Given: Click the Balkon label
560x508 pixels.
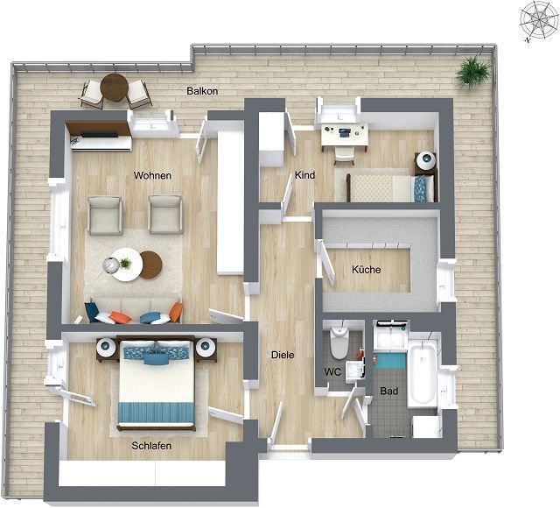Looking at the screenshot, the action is coord(202,91).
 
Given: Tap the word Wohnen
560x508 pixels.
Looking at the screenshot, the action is coord(152,175).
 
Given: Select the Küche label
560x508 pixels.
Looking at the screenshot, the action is coord(366,269).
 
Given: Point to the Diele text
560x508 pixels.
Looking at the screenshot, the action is coord(283,355).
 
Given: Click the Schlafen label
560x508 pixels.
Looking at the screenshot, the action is coord(151,446).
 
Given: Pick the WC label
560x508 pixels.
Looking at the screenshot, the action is coord(332,372).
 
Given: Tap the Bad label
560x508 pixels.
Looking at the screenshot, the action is coord(388,392).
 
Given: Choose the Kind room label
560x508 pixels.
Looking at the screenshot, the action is coord(304,175).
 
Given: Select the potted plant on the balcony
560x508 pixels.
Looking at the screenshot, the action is coord(472,72).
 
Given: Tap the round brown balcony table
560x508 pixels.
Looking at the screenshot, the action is coord(115,88).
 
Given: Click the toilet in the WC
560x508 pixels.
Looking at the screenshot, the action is coord(339,342).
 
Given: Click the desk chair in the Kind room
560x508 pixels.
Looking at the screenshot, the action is coord(344,154).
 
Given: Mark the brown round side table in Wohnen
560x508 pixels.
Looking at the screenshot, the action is coord(150,265).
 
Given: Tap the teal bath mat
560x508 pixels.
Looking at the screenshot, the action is coord(389,361).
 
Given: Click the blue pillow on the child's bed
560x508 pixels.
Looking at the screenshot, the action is coord(420,188).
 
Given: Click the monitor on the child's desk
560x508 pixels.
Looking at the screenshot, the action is coord(344,133).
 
